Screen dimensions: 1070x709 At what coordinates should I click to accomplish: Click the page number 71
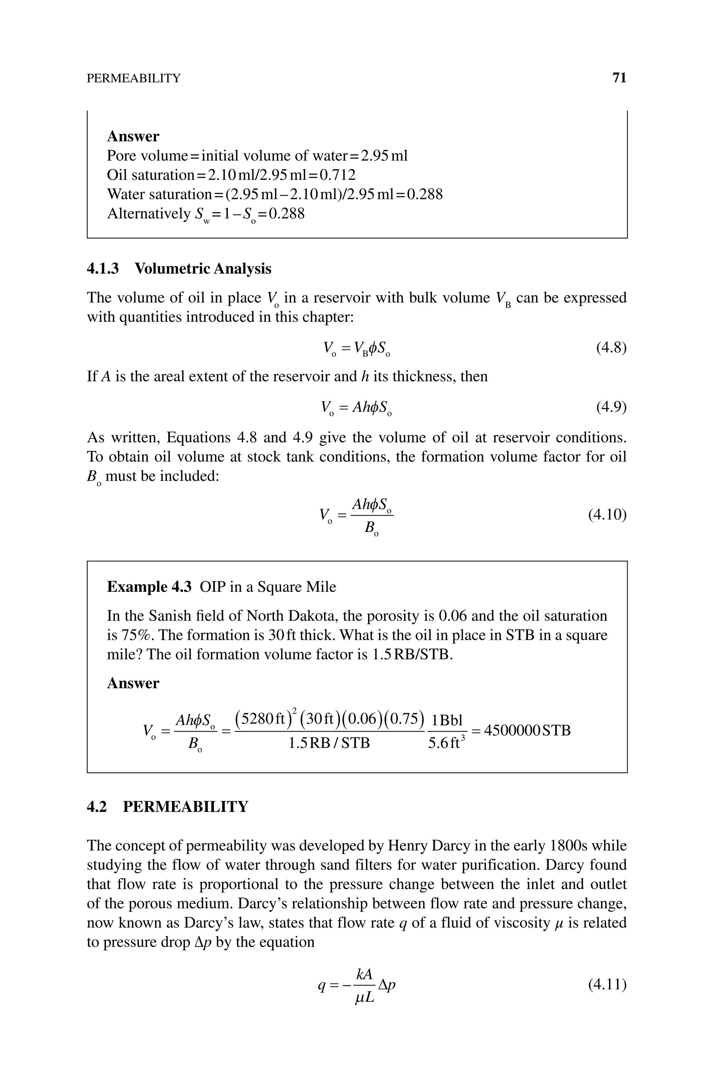(x=619, y=78)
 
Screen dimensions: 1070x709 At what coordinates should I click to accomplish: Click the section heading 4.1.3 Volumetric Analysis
(x=179, y=269)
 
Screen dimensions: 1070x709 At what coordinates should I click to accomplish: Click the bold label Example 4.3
(x=149, y=587)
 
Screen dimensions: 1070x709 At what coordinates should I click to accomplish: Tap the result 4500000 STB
(x=527, y=730)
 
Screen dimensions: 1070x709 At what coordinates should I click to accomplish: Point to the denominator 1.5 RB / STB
(x=329, y=743)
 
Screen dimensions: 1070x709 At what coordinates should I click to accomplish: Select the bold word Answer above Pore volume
(x=133, y=136)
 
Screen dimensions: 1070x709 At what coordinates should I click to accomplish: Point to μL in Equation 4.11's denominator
(x=365, y=997)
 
